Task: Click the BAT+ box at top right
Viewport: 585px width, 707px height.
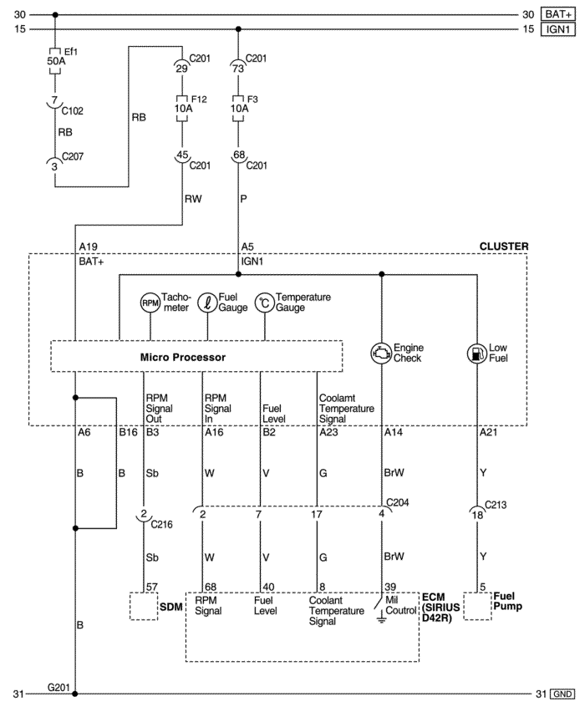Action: [x=558, y=14]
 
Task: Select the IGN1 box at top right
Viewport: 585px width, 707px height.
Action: [x=558, y=29]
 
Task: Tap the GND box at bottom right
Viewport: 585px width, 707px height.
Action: [x=562, y=694]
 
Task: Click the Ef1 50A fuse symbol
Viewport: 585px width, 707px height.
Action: [x=55, y=61]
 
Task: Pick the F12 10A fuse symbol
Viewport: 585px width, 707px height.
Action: [x=182, y=108]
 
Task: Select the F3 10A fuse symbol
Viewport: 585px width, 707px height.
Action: [x=238, y=108]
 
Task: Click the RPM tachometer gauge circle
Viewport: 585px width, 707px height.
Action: [x=150, y=303]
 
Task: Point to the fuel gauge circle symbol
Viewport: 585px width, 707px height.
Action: [x=207, y=303]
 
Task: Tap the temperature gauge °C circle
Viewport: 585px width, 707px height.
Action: [x=265, y=303]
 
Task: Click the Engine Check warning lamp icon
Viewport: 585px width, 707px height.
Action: [x=382, y=353]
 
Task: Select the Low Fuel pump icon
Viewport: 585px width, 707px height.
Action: [x=477, y=353]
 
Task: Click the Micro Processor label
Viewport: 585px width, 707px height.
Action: [x=183, y=357]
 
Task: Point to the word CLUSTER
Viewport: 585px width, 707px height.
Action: [x=504, y=247]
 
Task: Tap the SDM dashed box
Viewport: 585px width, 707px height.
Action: [x=144, y=607]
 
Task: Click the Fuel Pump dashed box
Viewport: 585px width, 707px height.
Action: [x=477, y=607]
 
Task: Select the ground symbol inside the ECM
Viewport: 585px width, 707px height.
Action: [x=382, y=619]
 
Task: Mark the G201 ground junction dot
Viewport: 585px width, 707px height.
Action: [x=75, y=694]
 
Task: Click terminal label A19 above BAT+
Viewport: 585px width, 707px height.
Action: [x=88, y=247]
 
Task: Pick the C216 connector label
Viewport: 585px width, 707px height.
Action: [x=161, y=524]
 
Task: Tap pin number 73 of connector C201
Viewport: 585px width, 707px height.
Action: [x=238, y=69]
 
